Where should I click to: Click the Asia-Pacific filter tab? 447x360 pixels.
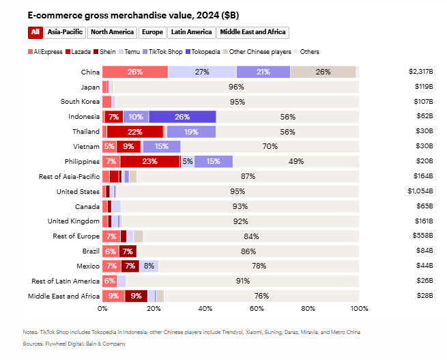pyautogui.click(x=66, y=32)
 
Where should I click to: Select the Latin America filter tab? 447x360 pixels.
pyautogui.click(x=190, y=32)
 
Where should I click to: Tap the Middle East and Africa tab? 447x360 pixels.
pyautogui.click(x=253, y=32)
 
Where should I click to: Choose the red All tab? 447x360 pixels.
pyautogui.click(x=35, y=32)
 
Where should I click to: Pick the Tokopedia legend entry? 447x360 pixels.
pyautogui.click(x=205, y=52)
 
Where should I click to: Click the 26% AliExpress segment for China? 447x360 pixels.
pyautogui.click(x=135, y=72)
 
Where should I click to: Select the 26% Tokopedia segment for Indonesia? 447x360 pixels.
pyautogui.click(x=182, y=117)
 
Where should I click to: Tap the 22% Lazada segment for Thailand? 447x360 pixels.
pyautogui.click(x=135, y=132)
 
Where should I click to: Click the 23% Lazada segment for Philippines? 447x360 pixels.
pyautogui.click(x=150, y=162)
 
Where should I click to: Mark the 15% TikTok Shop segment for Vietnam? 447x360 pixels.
pyautogui.click(x=161, y=147)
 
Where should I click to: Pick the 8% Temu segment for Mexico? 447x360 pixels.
pyautogui.click(x=149, y=266)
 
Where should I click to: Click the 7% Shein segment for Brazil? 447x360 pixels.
pyautogui.click(x=128, y=251)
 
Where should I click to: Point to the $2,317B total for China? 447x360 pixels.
pyautogui.click(x=420, y=72)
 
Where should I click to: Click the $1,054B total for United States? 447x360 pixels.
pyautogui.click(x=420, y=192)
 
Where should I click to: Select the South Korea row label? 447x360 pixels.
pyautogui.click(x=80, y=102)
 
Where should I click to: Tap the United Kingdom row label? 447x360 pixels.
pyautogui.click(x=73, y=221)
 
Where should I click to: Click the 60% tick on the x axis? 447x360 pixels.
pyautogui.click(x=257, y=309)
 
